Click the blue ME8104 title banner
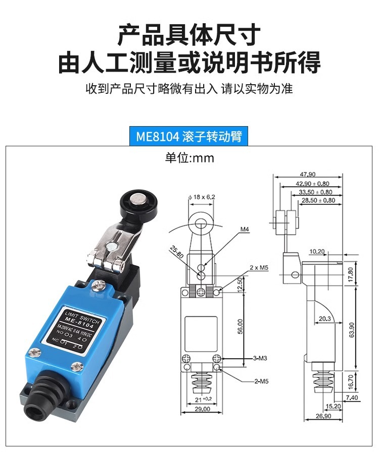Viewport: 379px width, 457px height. click(x=189, y=137)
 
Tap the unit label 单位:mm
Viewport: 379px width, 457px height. click(x=189, y=158)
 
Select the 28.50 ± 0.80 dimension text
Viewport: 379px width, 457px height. click(x=318, y=200)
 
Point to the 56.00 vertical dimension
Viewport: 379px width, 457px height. click(x=241, y=326)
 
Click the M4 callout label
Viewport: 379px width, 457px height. click(x=245, y=230)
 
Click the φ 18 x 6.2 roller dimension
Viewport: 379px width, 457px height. click(x=202, y=197)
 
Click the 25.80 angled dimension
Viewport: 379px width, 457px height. click(x=176, y=252)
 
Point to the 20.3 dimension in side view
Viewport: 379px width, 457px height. click(x=312, y=318)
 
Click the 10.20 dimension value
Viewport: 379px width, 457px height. click(x=317, y=251)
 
